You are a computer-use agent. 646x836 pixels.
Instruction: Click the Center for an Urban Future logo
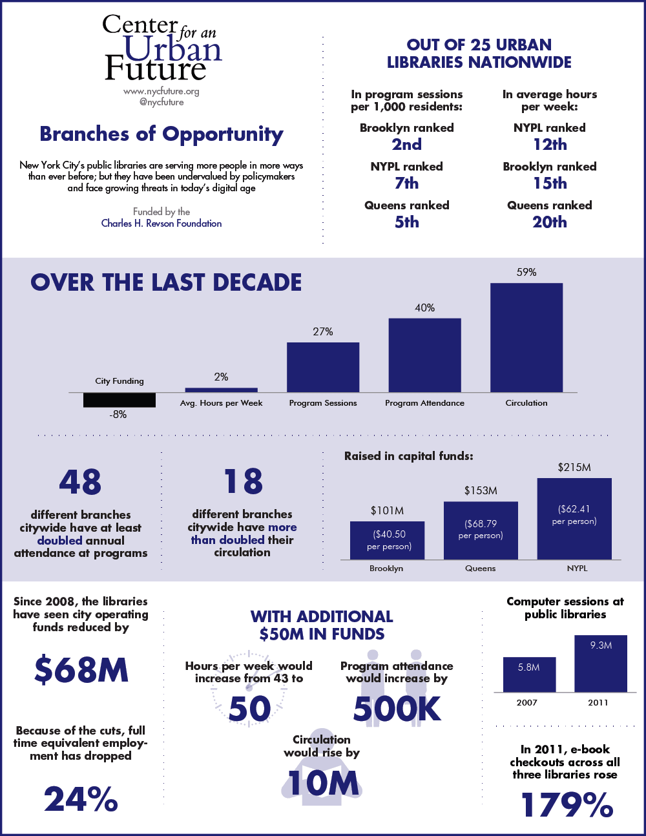[161, 48]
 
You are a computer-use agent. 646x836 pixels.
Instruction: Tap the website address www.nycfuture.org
[161, 92]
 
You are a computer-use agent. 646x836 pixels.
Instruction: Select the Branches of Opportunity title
[161, 134]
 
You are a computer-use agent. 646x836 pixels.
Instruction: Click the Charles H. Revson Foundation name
[161, 224]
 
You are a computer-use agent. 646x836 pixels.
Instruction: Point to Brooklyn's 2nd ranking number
[407, 145]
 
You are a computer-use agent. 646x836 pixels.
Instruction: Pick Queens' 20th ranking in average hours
[550, 222]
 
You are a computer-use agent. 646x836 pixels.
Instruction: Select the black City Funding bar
[120, 400]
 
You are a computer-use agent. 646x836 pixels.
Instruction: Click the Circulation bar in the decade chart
[526, 338]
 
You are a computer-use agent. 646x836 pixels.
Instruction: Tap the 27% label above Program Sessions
[323, 332]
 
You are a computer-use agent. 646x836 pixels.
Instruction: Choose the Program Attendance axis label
[424, 403]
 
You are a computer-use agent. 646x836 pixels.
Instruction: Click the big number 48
[80, 482]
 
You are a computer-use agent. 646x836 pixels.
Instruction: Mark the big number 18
[243, 482]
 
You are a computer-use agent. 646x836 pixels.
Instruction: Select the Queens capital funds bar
[481, 530]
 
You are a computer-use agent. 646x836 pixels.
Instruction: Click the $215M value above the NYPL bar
[574, 468]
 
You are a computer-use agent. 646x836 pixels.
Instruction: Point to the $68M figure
[81, 670]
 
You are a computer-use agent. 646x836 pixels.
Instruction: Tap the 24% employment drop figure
[81, 800]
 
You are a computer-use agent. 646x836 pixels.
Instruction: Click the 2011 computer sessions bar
[601, 664]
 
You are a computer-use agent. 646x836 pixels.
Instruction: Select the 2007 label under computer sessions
[527, 703]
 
